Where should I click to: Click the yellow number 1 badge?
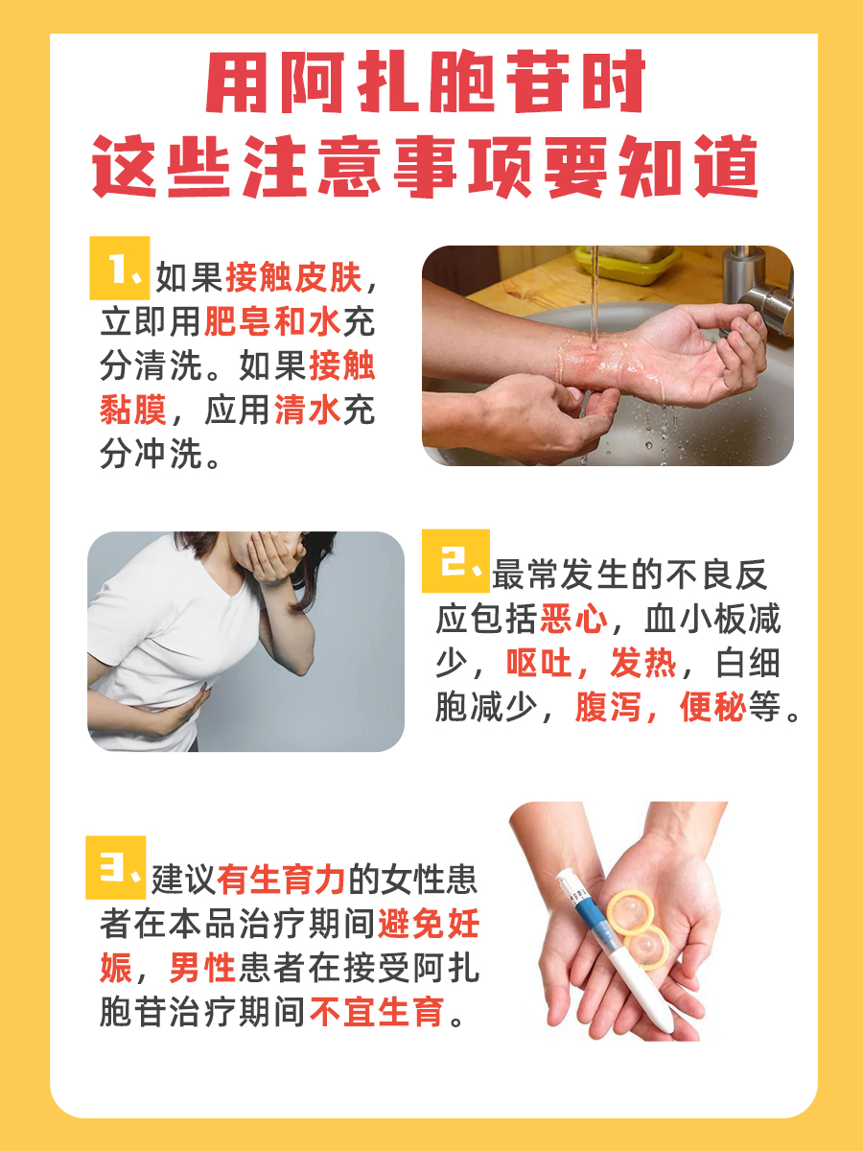(x=119, y=269)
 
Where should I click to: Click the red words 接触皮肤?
(x=293, y=278)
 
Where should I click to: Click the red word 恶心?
(x=573, y=619)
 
